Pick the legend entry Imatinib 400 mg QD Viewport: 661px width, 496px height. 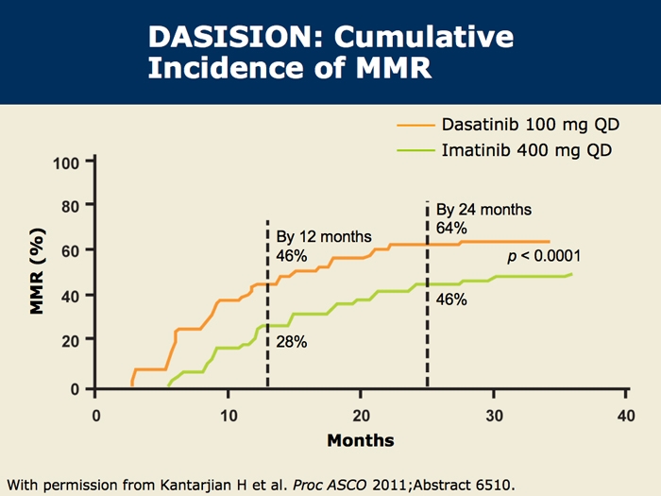pos(510,150)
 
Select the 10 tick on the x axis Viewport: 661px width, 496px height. pos(229,417)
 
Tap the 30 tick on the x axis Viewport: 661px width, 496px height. pos(493,417)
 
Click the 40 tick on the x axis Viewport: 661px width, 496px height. pos(624,417)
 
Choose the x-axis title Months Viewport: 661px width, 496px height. pos(360,440)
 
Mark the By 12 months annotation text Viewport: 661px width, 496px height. pos(324,236)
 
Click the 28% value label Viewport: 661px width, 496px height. pos(292,342)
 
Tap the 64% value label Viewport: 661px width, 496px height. pos(452,228)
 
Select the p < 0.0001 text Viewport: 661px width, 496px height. pos(543,256)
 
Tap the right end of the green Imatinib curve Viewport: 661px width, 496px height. pos(571,274)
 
